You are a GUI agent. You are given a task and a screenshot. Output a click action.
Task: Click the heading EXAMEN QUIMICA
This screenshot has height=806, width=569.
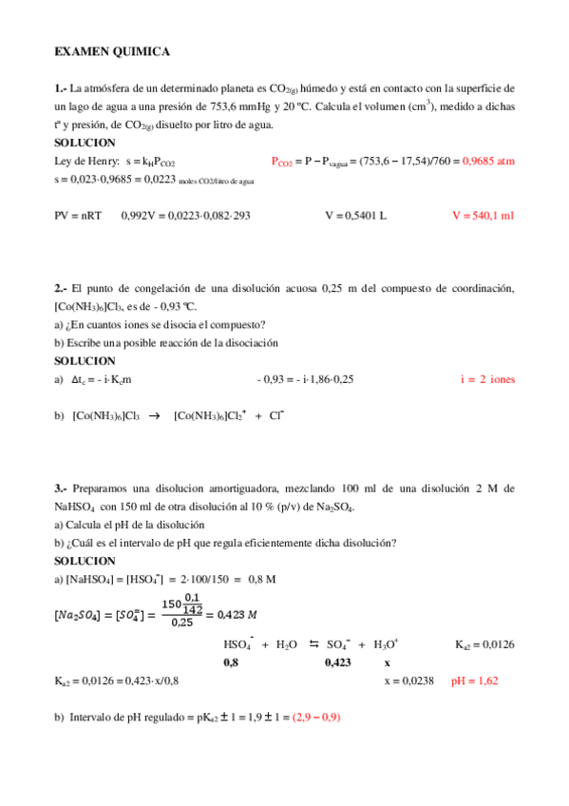pos(112,51)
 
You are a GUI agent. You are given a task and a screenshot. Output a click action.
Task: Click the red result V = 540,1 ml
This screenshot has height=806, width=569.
pos(484,216)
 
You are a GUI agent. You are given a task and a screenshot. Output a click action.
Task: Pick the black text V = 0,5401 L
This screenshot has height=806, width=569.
pos(355,216)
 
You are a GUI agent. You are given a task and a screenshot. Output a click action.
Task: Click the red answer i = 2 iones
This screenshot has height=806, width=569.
pos(487,379)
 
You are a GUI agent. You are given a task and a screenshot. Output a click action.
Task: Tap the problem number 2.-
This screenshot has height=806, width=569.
pos(61,288)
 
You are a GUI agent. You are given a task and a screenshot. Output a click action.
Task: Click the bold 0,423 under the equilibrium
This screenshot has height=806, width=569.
pos(339,662)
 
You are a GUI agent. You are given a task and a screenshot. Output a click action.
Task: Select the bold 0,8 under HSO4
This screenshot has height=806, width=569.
pos(231,662)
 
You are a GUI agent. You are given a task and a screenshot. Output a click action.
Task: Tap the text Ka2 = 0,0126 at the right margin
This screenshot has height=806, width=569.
pos(484,643)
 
